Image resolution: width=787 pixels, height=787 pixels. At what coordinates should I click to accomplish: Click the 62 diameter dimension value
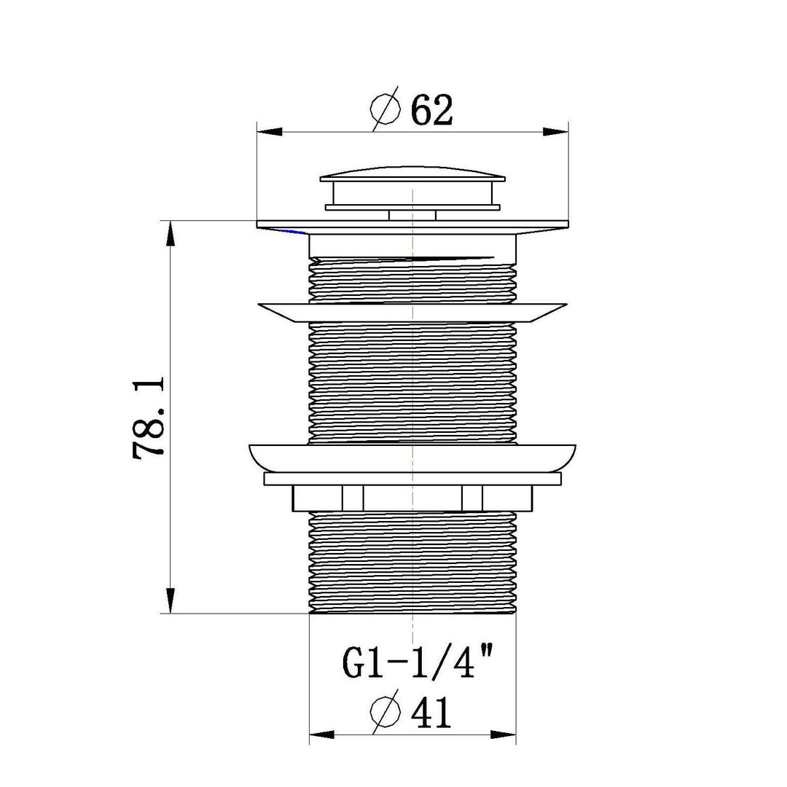[x=431, y=109]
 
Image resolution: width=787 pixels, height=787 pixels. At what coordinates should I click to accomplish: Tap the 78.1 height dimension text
[x=149, y=418]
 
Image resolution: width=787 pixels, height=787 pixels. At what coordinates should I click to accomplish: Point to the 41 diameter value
[x=431, y=712]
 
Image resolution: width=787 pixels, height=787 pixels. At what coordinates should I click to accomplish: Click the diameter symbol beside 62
[x=385, y=109]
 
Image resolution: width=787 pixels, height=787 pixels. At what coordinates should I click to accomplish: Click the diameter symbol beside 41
[x=385, y=711]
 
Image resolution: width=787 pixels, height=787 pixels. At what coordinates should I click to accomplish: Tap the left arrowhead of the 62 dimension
[x=269, y=132]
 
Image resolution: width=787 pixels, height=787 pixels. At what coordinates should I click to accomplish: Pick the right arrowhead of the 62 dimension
[x=555, y=132]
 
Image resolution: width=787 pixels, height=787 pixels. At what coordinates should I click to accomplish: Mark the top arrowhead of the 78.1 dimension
[x=171, y=233]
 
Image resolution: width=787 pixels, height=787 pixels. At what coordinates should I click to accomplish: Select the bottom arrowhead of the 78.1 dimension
[x=171, y=600]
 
